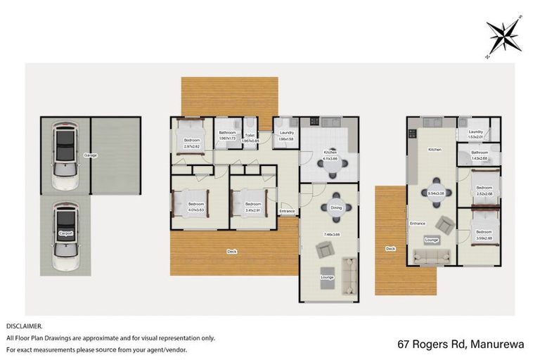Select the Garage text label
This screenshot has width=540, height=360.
[x=90, y=155]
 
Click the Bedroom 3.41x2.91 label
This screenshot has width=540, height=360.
[x=253, y=207]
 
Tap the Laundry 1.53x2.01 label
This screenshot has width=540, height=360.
[x=475, y=134]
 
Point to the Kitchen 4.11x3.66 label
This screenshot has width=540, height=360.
[x=330, y=155]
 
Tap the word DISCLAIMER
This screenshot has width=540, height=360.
[x=25, y=326]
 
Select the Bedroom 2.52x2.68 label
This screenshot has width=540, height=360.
[x=483, y=191]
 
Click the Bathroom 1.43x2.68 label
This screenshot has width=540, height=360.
[x=480, y=155]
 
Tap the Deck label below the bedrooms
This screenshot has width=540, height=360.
[x=231, y=251]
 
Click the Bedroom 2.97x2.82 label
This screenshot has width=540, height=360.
[x=192, y=143]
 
